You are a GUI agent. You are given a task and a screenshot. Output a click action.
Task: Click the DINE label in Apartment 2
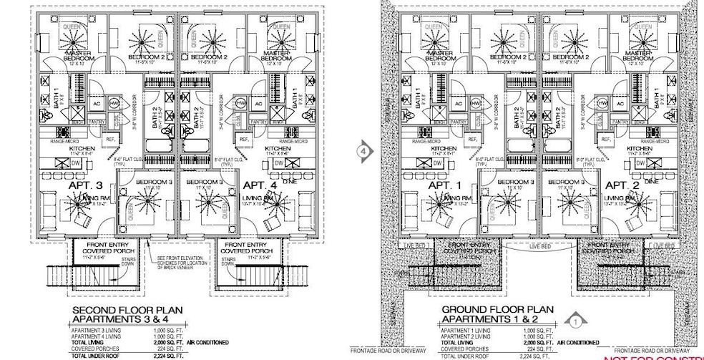(x=651, y=183)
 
